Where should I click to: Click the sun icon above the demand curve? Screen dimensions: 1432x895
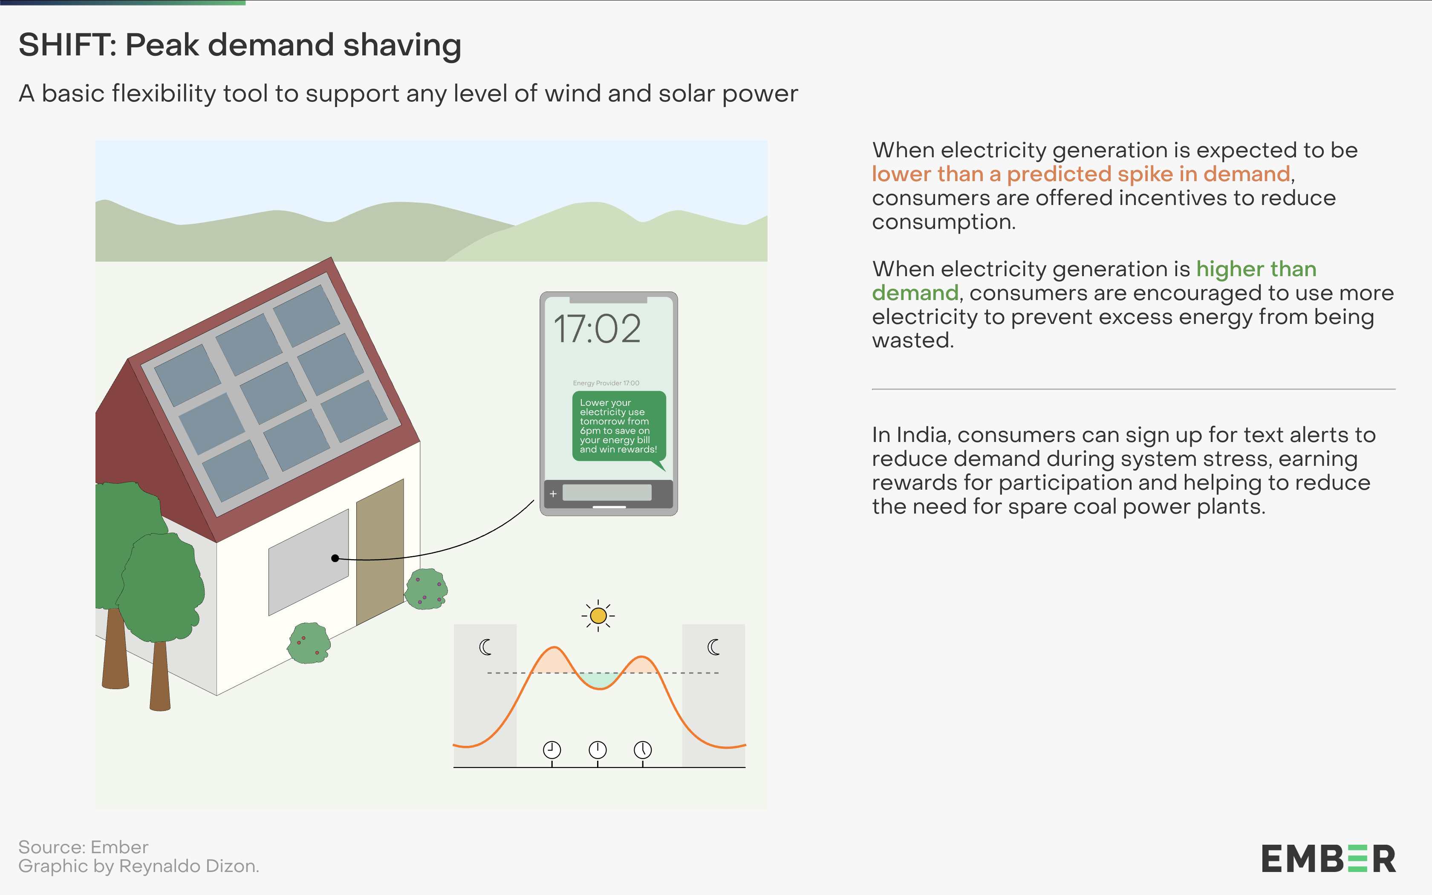[x=598, y=615]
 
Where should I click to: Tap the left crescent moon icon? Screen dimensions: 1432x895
[x=485, y=647]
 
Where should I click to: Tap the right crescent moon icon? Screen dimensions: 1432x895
[x=713, y=647]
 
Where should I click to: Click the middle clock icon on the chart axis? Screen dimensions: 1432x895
[x=598, y=750]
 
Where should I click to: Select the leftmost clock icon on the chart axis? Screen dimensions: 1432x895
[x=552, y=750]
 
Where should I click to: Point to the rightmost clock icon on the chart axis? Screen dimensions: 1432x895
[x=643, y=750]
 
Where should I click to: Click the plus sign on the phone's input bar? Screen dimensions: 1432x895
[x=553, y=494]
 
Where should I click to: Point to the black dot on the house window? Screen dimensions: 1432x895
[x=335, y=558]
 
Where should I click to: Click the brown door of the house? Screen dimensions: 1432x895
[x=380, y=551]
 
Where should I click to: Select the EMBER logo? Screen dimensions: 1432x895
[x=1328, y=859]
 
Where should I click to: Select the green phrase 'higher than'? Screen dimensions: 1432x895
[x=1256, y=269]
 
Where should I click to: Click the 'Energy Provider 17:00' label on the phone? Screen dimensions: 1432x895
[x=606, y=383]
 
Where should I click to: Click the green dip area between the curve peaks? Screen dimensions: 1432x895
[x=599, y=679]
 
